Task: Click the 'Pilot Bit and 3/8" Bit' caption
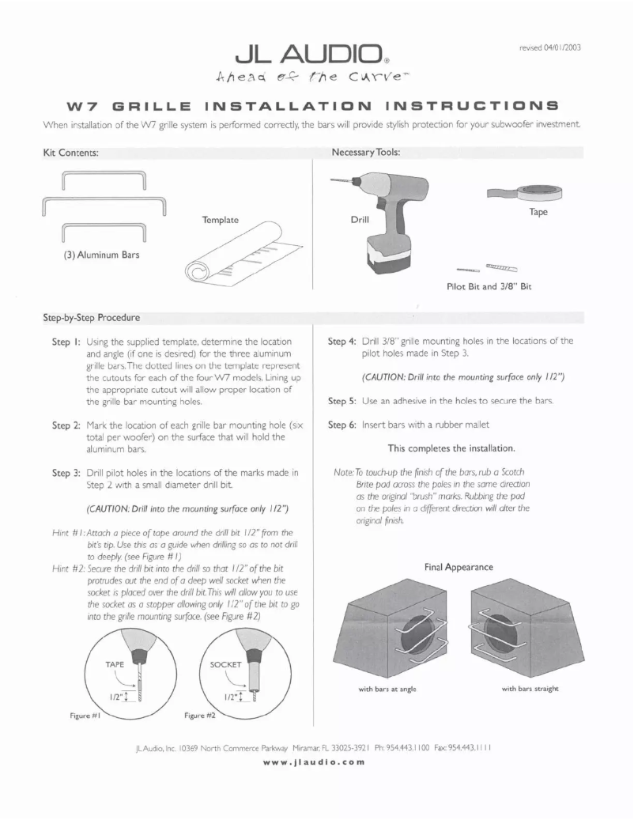[489, 286]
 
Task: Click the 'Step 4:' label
[342, 341]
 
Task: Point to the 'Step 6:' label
[342, 425]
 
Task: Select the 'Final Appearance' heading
[458, 567]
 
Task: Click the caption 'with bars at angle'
[387, 689]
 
